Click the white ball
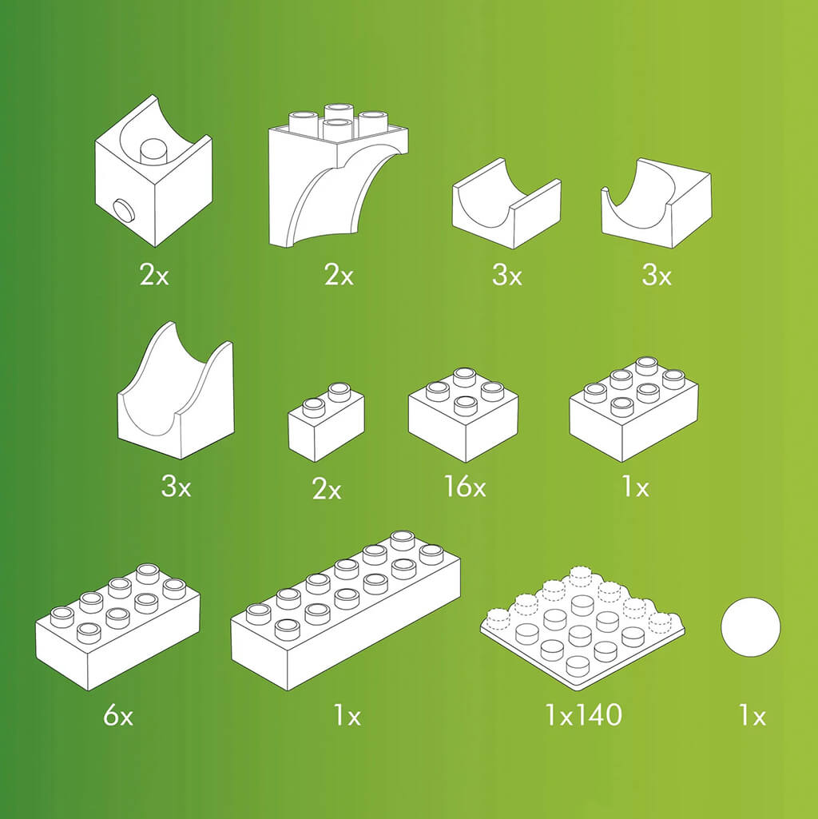pyautogui.click(x=750, y=628)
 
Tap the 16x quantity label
pyautogui.click(x=465, y=486)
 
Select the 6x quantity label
pyautogui.click(x=118, y=716)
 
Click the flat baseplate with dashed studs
pyautogui.click(x=582, y=628)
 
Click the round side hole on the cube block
pyautogui.click(x=122, y=210)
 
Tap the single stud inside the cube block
pyautogui.click(x=153, y=149)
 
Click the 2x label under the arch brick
pyautogui.click(x=338, y=276)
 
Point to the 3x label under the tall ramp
pyautogui.click(x=176, y=486)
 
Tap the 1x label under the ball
pyautogui.click(x=752, y=716)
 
